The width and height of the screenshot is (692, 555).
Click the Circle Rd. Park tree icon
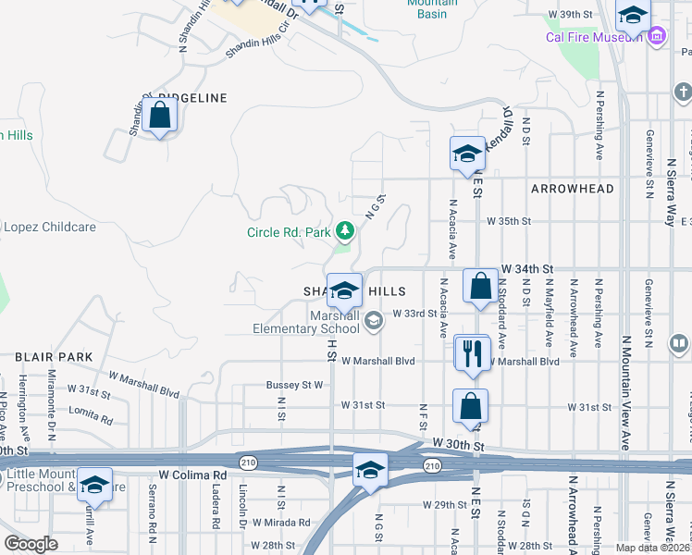(x=345, y=228)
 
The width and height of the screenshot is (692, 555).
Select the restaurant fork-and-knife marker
(x=472, y=352)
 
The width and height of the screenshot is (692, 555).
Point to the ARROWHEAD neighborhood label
(x=572, y=189)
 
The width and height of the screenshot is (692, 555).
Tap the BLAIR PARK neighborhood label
(x=53, y=356)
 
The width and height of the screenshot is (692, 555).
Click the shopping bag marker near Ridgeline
(x=160, y=116)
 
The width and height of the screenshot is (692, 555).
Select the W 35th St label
(x=510, y=221)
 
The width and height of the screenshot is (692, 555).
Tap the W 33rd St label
(x=414, y=314)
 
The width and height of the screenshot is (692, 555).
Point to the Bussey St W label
(x=294, y=384)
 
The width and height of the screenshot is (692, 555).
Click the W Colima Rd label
(x=192, y=475)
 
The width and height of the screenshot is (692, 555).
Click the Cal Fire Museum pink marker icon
(x=657, y=36)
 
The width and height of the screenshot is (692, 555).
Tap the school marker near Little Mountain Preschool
(x=94, y=484)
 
